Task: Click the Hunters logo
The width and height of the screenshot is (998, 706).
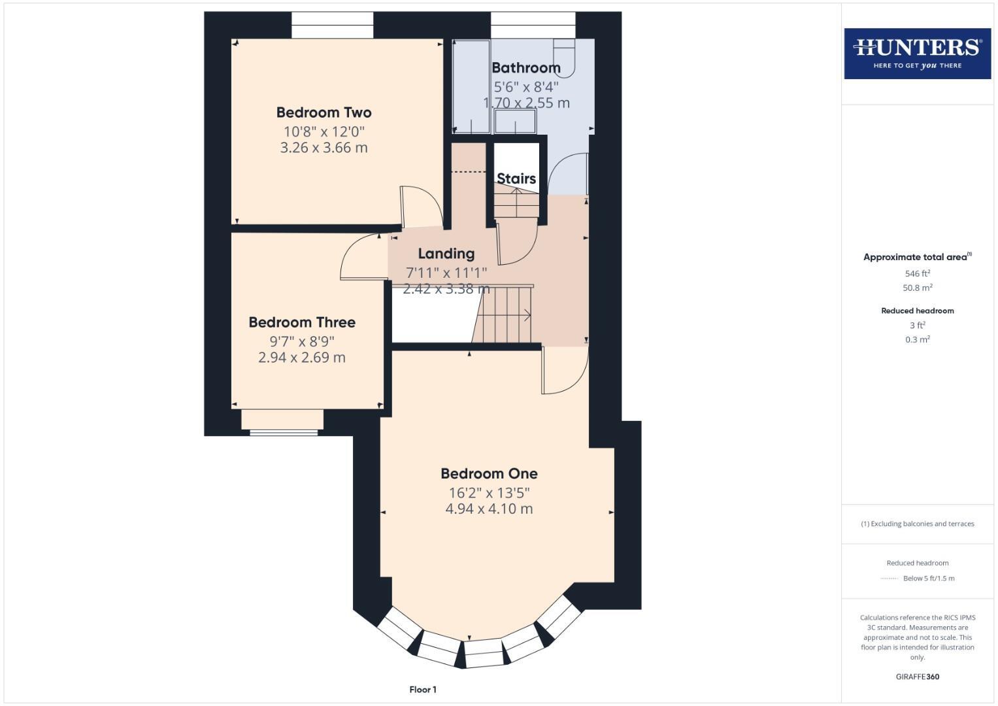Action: (917, 53)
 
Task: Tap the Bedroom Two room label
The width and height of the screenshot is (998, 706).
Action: (324, 112)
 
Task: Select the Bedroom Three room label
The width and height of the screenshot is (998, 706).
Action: (302, 322)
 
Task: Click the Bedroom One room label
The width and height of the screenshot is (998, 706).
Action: (489, 473)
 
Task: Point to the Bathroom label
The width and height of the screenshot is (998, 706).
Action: (525, 67)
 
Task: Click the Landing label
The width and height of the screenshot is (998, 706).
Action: (446, 253)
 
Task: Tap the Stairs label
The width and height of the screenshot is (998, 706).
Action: (516, 178)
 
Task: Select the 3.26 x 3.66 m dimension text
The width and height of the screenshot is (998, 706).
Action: (324, 148)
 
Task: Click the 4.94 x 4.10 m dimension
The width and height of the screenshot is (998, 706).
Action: (489, 509)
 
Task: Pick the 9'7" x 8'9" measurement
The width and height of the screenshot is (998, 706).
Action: (302, 341)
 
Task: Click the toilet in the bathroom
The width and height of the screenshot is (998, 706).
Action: (565, 56)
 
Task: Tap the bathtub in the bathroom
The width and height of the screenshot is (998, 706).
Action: (471, 86)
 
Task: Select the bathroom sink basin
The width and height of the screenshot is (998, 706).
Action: (515, 122)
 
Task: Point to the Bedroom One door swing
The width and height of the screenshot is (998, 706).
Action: (563, 372)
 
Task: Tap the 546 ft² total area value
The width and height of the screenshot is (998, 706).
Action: (917, 273)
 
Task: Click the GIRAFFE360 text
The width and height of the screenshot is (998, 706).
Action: (917, 677)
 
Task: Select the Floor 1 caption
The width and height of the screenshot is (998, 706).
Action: (423, 690)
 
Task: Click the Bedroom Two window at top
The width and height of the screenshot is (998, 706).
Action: (332, 25)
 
